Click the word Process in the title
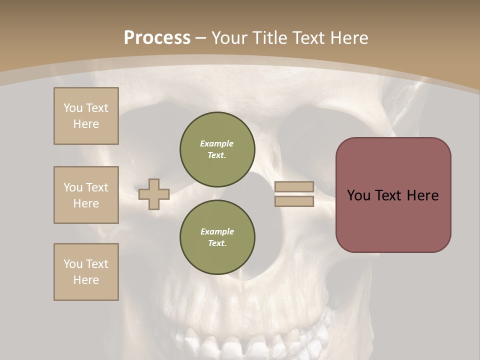coord(157,38)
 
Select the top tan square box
coord(86,116)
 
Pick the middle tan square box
coord(86,195)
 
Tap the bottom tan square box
coord(86,272)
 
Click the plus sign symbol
coord(154,194)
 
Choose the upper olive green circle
coord(217,149)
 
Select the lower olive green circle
coord(217,237)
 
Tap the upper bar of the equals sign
coord(294,187)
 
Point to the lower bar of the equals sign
coord(294,201)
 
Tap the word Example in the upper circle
coord(217,143)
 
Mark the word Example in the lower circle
coord(217,231)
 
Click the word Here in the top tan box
coord(86,124)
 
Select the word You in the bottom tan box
coord(73,264)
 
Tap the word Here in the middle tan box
coord(86,203)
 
